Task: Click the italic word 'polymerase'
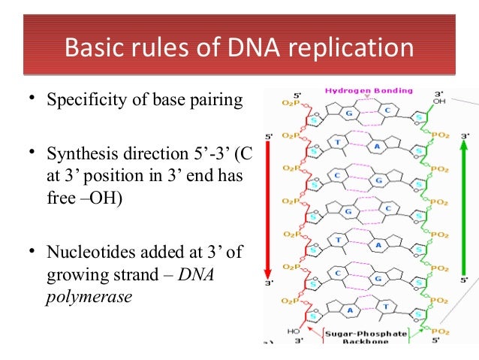[x=89, y=296]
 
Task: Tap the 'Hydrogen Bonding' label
[x=368, y=91]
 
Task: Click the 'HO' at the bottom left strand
[x=293, y=331]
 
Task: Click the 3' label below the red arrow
[x=268, y=284]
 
